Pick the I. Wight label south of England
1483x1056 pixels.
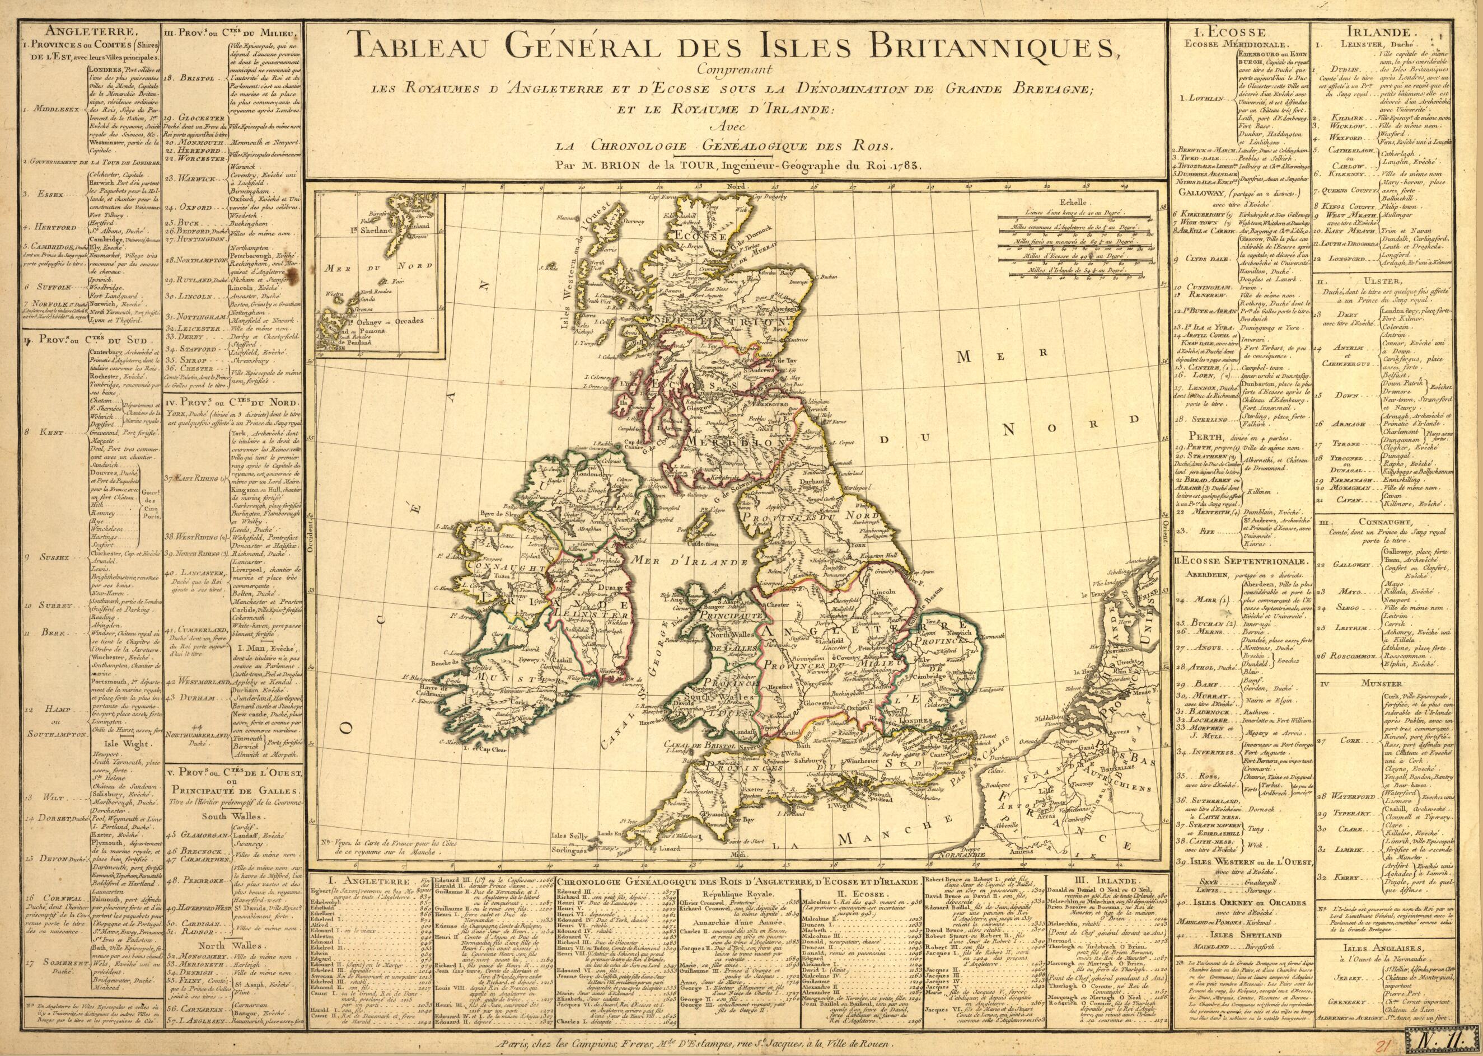tap(850, 805)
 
